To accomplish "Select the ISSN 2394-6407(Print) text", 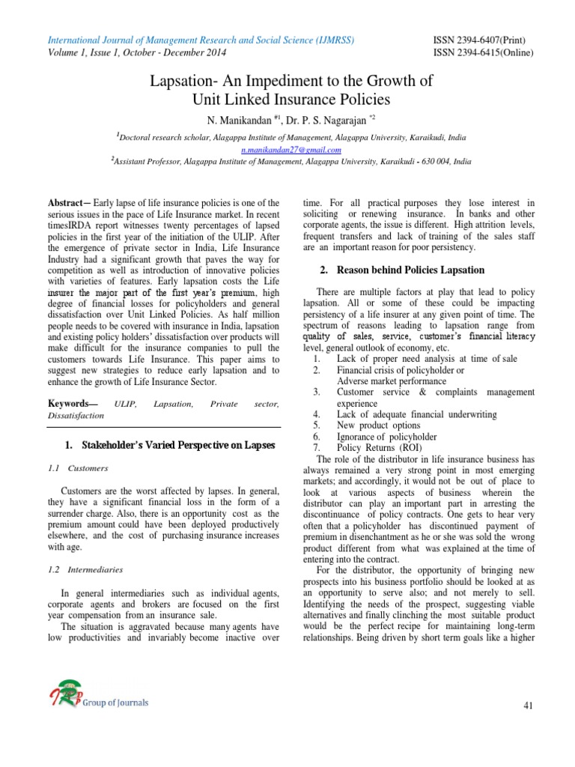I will coord(478,40).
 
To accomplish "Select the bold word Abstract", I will coord(66,202).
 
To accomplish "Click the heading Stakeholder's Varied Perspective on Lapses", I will coord(170,445).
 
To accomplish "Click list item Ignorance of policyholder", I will coord(387,436).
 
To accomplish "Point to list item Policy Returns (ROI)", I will coord(377,447).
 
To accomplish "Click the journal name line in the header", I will coord(201,40).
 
